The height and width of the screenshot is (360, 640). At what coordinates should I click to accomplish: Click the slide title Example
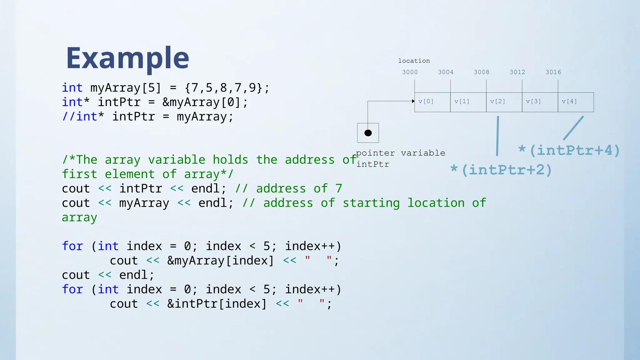click(127, 58)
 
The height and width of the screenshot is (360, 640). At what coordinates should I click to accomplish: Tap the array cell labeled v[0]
click(432, 102)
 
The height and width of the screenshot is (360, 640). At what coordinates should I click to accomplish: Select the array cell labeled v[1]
click(468, 102)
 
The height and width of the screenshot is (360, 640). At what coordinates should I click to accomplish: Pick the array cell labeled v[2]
click(504, 102)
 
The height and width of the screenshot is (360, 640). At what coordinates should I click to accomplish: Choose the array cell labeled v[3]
click(540, 102)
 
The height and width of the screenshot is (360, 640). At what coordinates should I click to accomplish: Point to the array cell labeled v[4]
click(576, 102)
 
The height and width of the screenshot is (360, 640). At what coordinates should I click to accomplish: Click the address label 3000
click(410, 72)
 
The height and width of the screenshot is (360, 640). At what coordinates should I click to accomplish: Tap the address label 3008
click(482, 72)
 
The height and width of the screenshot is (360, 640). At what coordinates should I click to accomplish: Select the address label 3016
click(553, 72)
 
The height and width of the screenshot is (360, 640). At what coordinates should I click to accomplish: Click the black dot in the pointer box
click(368, 133)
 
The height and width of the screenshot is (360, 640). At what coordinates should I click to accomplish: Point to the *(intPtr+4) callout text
click(569, 150)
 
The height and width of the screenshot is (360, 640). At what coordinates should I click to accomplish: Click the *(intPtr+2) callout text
click(501, 170)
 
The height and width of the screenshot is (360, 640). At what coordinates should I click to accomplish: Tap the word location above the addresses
click(414, 61)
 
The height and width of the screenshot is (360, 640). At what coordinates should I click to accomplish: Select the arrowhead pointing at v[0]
click(413, 101)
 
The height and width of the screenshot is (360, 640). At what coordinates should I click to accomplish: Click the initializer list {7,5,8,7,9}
click(223, 88)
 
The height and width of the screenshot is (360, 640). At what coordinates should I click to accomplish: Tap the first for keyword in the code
click(72, 246)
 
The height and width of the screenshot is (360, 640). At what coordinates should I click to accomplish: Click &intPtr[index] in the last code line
click(217, 304)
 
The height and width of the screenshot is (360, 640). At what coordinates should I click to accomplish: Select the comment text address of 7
click(299, 189)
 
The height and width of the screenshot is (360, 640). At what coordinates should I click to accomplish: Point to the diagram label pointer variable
click(400, 153)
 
